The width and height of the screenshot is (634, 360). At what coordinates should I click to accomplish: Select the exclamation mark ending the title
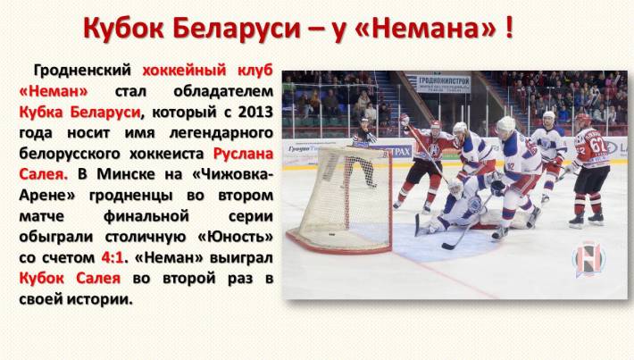(x=509, y=29)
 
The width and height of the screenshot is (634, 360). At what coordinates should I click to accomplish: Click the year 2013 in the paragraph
(x=255, y=112)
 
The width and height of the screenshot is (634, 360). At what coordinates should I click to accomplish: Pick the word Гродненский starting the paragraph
(x=82, y=71)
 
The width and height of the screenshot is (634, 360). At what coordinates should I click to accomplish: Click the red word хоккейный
(x=184, y=71)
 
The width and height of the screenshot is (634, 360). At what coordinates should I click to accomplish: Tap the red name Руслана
(x=244, y=155)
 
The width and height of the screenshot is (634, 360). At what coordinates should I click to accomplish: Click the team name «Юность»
(x=236, y=237)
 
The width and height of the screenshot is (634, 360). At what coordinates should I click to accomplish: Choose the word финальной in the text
(x=146, y=216)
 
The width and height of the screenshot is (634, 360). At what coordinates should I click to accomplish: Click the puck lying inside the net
(x=332, y=234)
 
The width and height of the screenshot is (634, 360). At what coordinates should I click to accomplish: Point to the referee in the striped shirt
(x=364, y=152)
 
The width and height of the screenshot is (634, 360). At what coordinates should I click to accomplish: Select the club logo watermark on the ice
(x=588, y=259)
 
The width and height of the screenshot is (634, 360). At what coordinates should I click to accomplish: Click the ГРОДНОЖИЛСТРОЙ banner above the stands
(x=444, y=84)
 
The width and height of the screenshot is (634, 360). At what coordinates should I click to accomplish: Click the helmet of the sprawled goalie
(x=455, y=188)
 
